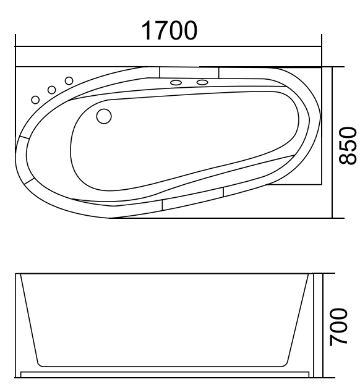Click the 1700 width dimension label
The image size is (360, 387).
click(x=169, y=29)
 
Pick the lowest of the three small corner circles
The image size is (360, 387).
click(x=36, y=100)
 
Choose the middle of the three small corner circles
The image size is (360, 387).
click(x=52, y=90)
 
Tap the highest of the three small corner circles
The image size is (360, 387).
click(x=69, y=80)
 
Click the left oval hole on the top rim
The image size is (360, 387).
click(x=176, y=82)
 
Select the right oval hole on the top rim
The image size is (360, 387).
click(x=202, y=82)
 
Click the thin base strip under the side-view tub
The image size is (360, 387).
click(x=164, y=375)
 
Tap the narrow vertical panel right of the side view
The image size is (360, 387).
click(x=318, y=325)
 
